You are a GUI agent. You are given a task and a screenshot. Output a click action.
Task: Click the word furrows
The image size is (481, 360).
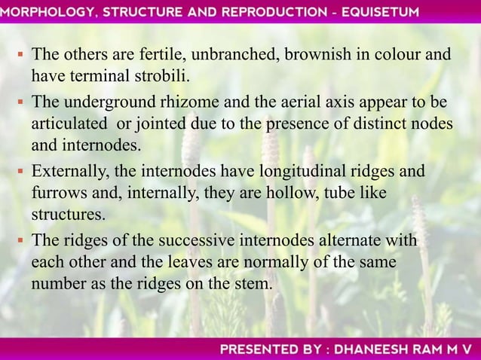point(55,194)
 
